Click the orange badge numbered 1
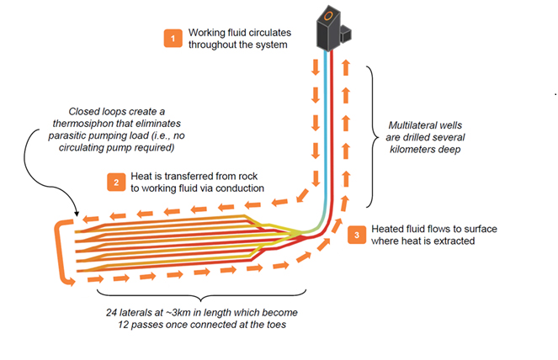[x=173, y=39]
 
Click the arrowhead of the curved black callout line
[x=75, y=217]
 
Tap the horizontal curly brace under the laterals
[x=197, y=299]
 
